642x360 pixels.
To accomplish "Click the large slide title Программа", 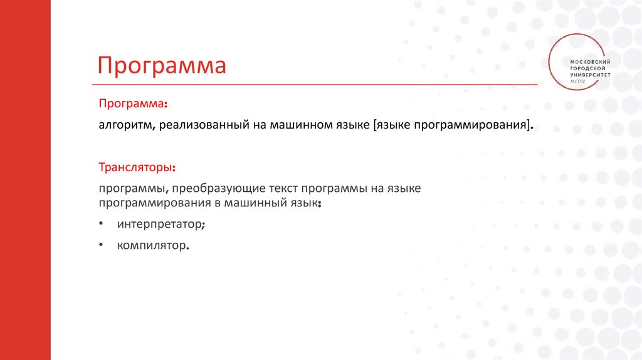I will tap(161, 65).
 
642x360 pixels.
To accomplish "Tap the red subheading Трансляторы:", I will tap(137, 167).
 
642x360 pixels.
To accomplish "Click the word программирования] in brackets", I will tap(476, 125).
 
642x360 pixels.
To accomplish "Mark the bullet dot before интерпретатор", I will tap(101, 224).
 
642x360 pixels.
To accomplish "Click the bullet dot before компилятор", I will tap(101, 245).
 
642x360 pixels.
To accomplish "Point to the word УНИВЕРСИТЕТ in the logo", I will tap(589, 74).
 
